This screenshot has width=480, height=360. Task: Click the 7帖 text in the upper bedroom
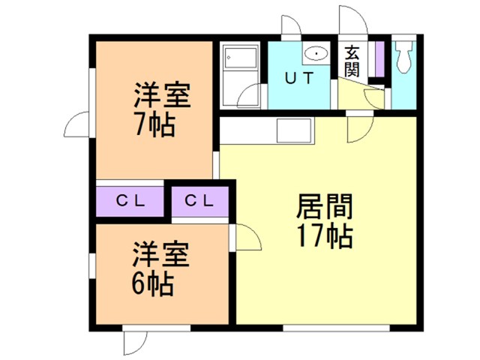[154, 124]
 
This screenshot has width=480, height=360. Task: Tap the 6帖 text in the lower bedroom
[154, 283]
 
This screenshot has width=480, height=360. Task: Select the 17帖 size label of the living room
[324, 236]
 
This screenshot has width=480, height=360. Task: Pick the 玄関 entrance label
[352, 61]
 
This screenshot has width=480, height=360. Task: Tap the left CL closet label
[130, 200]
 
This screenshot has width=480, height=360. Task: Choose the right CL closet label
[199, 200]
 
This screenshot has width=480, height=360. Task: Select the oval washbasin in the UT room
[316, 53]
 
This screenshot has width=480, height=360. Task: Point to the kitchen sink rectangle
[293, 131]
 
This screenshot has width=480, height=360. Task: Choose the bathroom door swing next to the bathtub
[252, 96]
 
